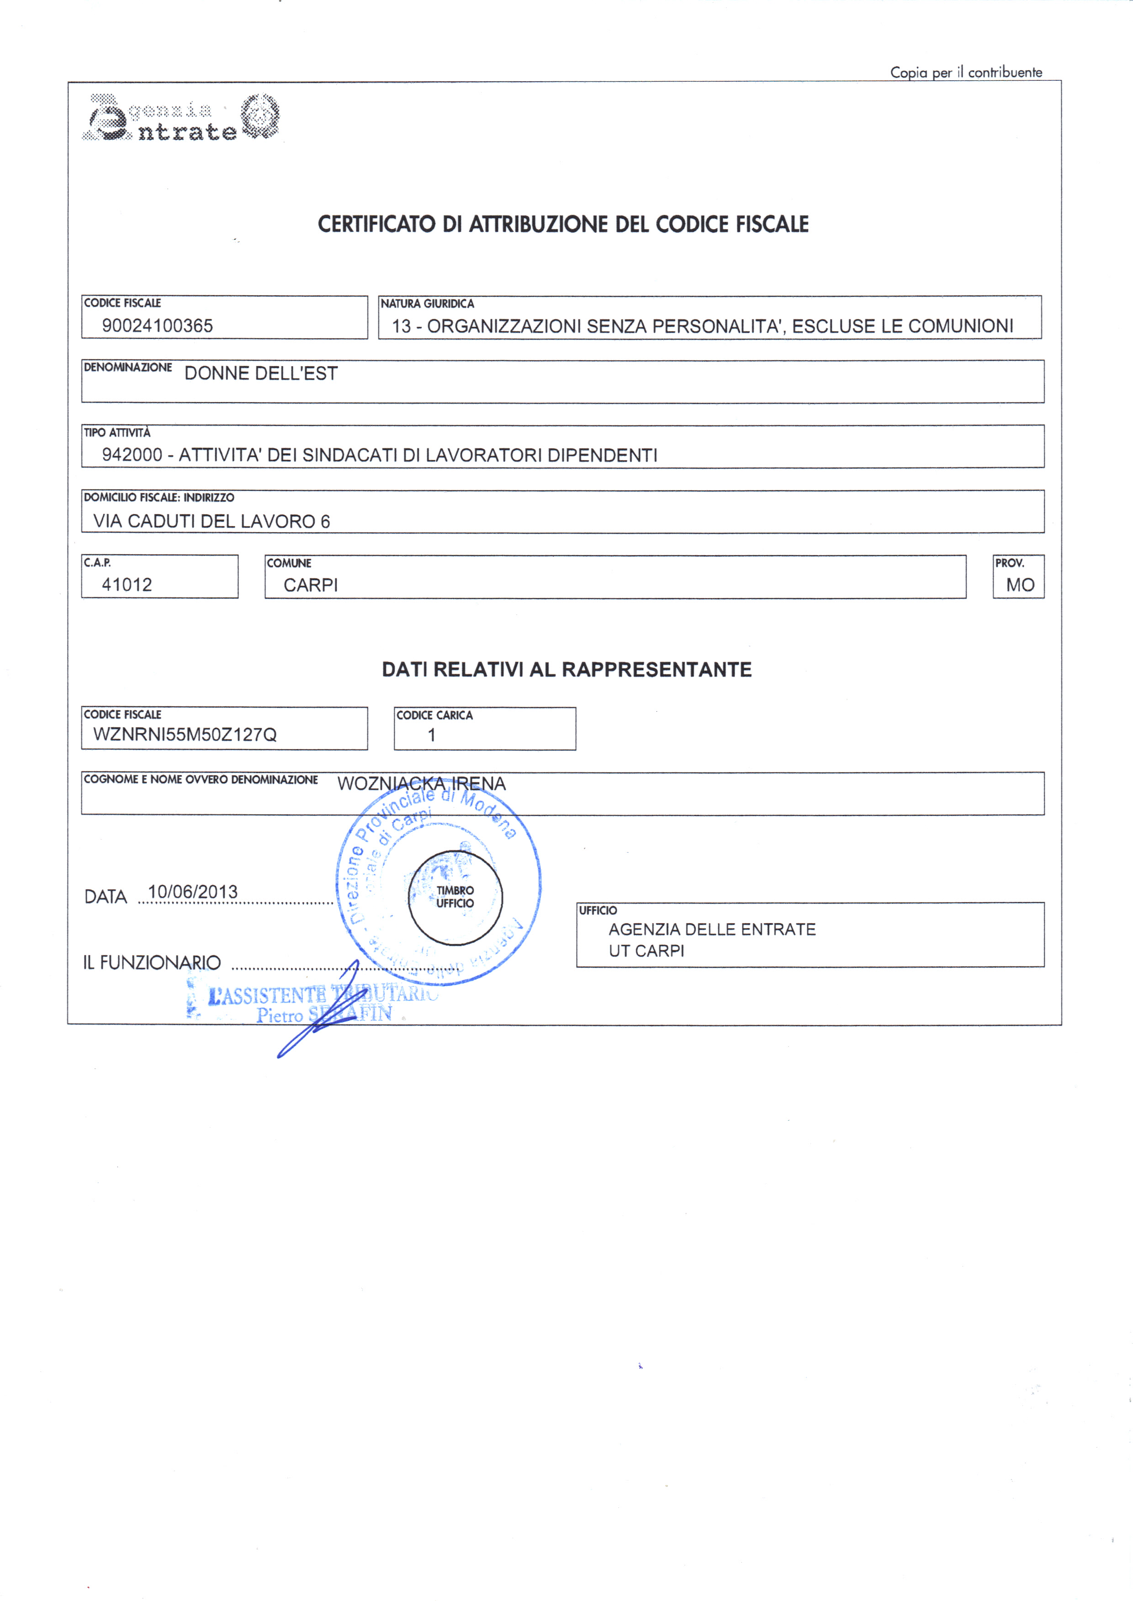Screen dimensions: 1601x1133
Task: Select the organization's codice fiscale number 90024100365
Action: click(x=157, y=325)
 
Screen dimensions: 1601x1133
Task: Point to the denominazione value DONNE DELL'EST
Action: click(x=261, y=374)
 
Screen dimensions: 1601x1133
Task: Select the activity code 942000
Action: click(x=132, y=455)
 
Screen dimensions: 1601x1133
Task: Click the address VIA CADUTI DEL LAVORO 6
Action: click(x=212, y=522)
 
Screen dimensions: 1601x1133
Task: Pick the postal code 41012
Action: click(x=127, y=585)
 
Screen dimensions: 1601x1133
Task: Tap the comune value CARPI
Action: click(x=311, y=586)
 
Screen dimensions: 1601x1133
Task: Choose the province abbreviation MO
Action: click(x=1019, y=586)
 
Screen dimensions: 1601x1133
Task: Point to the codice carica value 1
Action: click(x=432, y=735)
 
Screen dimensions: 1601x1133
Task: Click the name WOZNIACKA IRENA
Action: click(x=421, y=784)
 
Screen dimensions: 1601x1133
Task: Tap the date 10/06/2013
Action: click(x=192, y=892)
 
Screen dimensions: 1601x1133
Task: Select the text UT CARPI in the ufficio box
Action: click(x=646, y=951)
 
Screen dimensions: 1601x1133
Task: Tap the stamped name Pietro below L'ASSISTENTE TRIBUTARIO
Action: click(x=279, y=1016)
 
